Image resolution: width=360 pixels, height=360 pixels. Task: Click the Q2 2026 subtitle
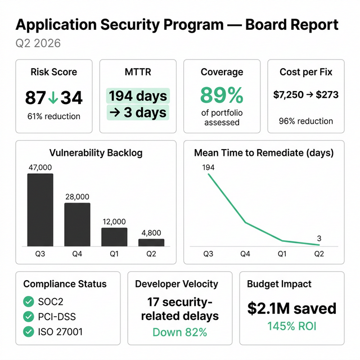pos(38,43)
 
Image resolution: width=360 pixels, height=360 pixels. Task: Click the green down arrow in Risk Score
pos(53,98)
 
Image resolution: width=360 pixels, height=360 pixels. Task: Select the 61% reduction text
pos(54,116)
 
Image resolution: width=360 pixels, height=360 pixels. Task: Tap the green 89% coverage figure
pos(222,94)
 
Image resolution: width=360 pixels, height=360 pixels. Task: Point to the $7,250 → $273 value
pos(306,94)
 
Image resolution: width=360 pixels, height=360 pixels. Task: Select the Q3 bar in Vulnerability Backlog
pos(40,210)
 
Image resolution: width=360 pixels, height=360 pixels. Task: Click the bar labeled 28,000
pos(77,224)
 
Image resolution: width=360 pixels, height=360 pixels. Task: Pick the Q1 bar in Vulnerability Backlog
pos(114,237)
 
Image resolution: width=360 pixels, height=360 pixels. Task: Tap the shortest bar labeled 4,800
pos(151,242)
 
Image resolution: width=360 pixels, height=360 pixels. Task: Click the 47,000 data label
pos(40,167)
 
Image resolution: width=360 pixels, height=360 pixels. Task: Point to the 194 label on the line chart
pos(208,167)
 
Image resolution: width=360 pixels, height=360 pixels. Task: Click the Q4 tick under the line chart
pos(245,254)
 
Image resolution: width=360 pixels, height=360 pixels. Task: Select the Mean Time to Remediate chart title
pos(264,152)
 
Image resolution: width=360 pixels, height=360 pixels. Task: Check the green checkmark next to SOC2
pos(28,302)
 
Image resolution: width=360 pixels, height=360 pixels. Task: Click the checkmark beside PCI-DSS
pos(28,317)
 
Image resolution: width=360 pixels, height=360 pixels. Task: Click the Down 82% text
pos(180,332)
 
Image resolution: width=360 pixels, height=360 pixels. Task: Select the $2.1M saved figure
pos(292,308)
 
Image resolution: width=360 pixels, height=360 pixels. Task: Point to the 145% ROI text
pos(292,326)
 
